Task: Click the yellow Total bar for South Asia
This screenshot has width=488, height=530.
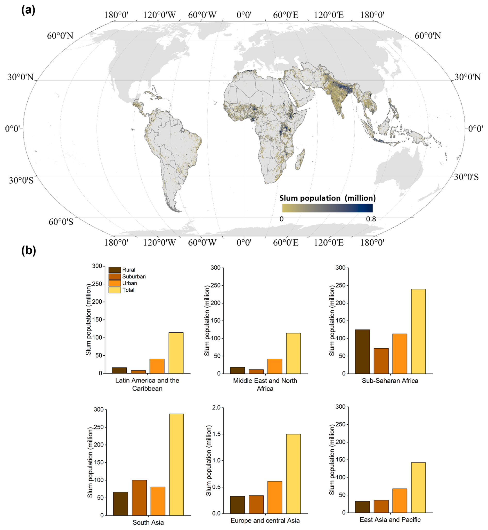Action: pos(176,465)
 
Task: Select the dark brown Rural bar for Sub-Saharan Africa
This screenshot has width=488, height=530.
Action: pos(362,352)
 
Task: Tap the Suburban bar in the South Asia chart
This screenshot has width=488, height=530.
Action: pos(139,498)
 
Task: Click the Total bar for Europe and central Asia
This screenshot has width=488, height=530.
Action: pos(293,474)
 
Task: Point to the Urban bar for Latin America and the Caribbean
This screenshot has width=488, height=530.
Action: pos(157,366)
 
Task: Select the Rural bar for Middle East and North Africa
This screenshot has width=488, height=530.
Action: pos(237,371)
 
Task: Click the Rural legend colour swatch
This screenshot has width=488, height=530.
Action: pos(115,270)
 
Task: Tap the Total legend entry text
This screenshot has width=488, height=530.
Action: pos(128,290)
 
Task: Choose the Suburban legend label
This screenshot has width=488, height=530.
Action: pos(134,276)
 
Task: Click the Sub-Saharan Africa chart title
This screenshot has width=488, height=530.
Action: pos(390,381)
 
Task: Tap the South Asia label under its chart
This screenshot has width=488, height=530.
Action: pos(148,522)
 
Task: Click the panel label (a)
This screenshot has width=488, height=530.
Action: pos(28,10)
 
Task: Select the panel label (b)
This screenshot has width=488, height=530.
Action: pos(29,251)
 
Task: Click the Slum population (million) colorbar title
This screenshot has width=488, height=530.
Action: pos(328,198)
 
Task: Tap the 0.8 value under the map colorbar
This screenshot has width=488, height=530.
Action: pos(371,219)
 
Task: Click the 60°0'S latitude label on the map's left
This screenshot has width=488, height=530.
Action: pos(61,222)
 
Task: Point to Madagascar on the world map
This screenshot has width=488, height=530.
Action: pos(300,159)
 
